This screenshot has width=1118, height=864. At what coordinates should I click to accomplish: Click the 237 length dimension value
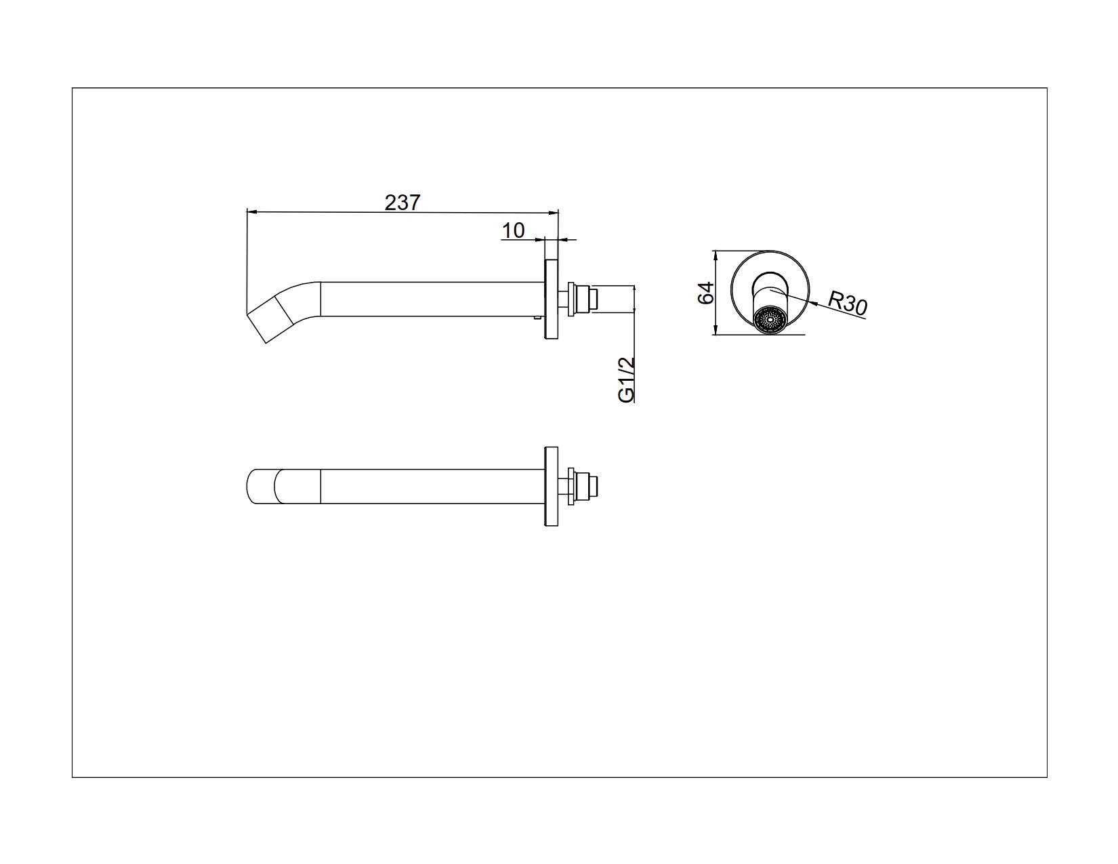[x=402, y=202]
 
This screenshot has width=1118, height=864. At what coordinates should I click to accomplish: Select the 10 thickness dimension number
[x=513, y=230]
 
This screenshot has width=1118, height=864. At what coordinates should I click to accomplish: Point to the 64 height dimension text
[x=706, y=293]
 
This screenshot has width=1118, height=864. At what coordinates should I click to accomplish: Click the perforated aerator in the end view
[x=770, y=320]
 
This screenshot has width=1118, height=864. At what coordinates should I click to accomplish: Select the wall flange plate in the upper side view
[x=551, y=298]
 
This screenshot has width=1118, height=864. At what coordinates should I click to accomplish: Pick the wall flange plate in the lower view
[x=551, y=487]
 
